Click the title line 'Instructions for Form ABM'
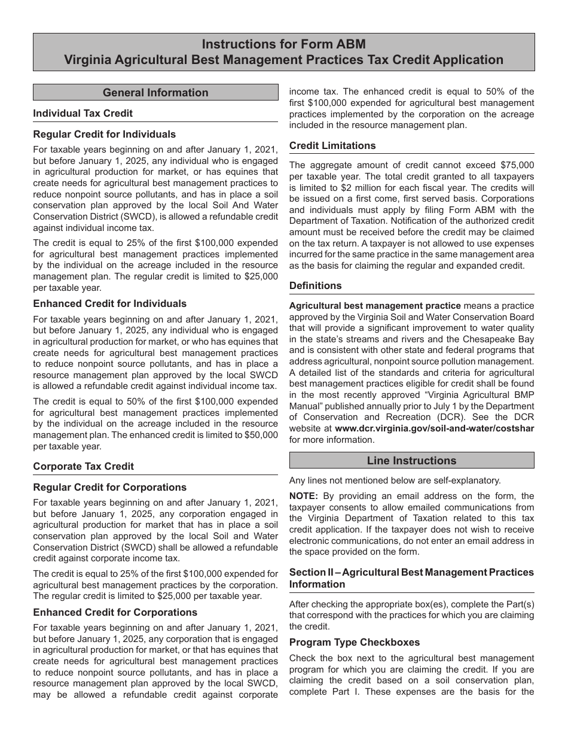pyautogui.click(x=283, y=44)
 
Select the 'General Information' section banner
pyautogui.click(x=155, y=92)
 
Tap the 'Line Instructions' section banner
pyautogui.click(x=411, y=460)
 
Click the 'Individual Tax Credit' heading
pyautogui.click(x=83, y=113)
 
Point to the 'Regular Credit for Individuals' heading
pyautogui.click(x=105, y=134)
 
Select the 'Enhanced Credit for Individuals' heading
pyautogui.click(x=109, y=303)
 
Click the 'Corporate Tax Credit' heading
pyautogui.click(x=84, y=466)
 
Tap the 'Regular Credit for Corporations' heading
pyautogui.click(x=109, y=487)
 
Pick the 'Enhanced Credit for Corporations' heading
pyautogui.click(x=115, y=612)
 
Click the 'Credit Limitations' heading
pyautogui.click(x=332, y=145)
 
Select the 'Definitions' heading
pyautogui.click(x=316, y=285)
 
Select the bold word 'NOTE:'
pyautogui.click(x=304, y=495)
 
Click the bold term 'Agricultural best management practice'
pyautogui.click(x=375, y=306)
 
